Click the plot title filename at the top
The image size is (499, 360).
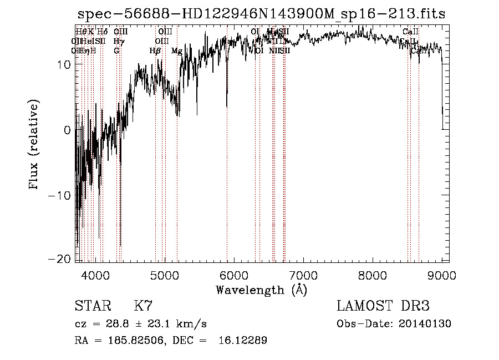[261, 14]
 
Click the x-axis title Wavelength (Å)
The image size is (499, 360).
[261, 290]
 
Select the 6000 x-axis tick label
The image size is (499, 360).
[234, 275]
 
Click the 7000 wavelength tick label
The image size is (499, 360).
[303, 275]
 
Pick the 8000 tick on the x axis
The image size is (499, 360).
[373, 275]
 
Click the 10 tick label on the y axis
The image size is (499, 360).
[63, 65]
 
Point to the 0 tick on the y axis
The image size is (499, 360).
[67, 130]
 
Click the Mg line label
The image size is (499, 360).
[177, 51]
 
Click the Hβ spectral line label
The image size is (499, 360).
[155, 51]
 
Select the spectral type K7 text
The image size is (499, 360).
[143, 306]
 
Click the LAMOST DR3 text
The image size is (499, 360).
[383, 306]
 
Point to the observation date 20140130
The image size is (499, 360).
[425, 324]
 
